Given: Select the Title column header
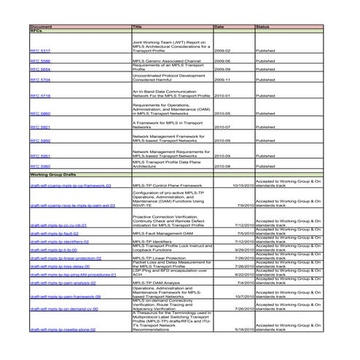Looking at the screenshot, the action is (137, 26).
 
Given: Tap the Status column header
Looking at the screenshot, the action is (264, 26).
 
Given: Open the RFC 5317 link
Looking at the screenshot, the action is (40, 51).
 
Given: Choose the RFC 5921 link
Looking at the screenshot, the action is (40, 127).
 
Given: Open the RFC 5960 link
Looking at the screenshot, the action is (40, 167).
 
